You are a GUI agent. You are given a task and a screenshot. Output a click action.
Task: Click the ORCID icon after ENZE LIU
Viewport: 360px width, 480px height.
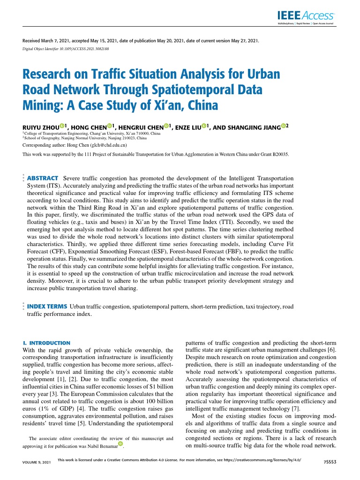pos(204,126)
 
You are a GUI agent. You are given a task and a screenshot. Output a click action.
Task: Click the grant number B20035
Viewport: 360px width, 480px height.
pos(279,154)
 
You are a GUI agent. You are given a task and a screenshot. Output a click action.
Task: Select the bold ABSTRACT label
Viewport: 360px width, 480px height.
pos(43,179)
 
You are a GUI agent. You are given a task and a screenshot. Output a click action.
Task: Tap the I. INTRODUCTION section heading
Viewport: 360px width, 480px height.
pos(46,343)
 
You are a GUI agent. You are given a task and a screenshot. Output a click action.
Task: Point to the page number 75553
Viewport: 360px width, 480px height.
pos(330,462)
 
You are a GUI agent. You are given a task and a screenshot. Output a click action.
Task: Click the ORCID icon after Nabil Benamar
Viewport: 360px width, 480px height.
pos(120,443)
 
